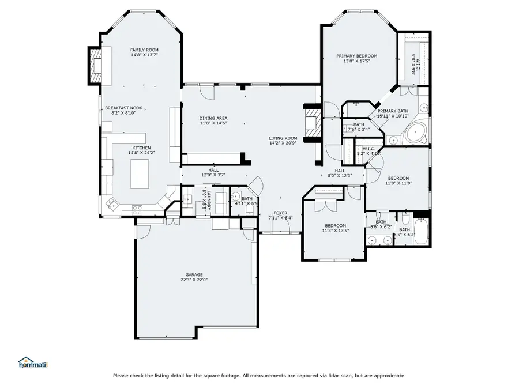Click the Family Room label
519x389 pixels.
coord(144,50)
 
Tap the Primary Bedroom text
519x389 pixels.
coord(356,56)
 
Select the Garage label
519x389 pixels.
coord(194,274)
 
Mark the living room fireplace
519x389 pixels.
coord(311,123)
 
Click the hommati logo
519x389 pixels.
coord(33,362)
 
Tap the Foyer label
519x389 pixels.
coord(281,213)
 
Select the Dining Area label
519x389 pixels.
coord(213,118)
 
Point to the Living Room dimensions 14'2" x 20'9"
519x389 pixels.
coord(283,144)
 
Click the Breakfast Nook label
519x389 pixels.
coord(123,108)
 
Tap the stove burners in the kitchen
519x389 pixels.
coord(138,209)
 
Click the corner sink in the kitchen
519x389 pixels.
coord(111,203)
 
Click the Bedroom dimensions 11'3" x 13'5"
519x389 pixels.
coord(335,231)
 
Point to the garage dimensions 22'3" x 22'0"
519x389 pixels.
coord(194,280)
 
